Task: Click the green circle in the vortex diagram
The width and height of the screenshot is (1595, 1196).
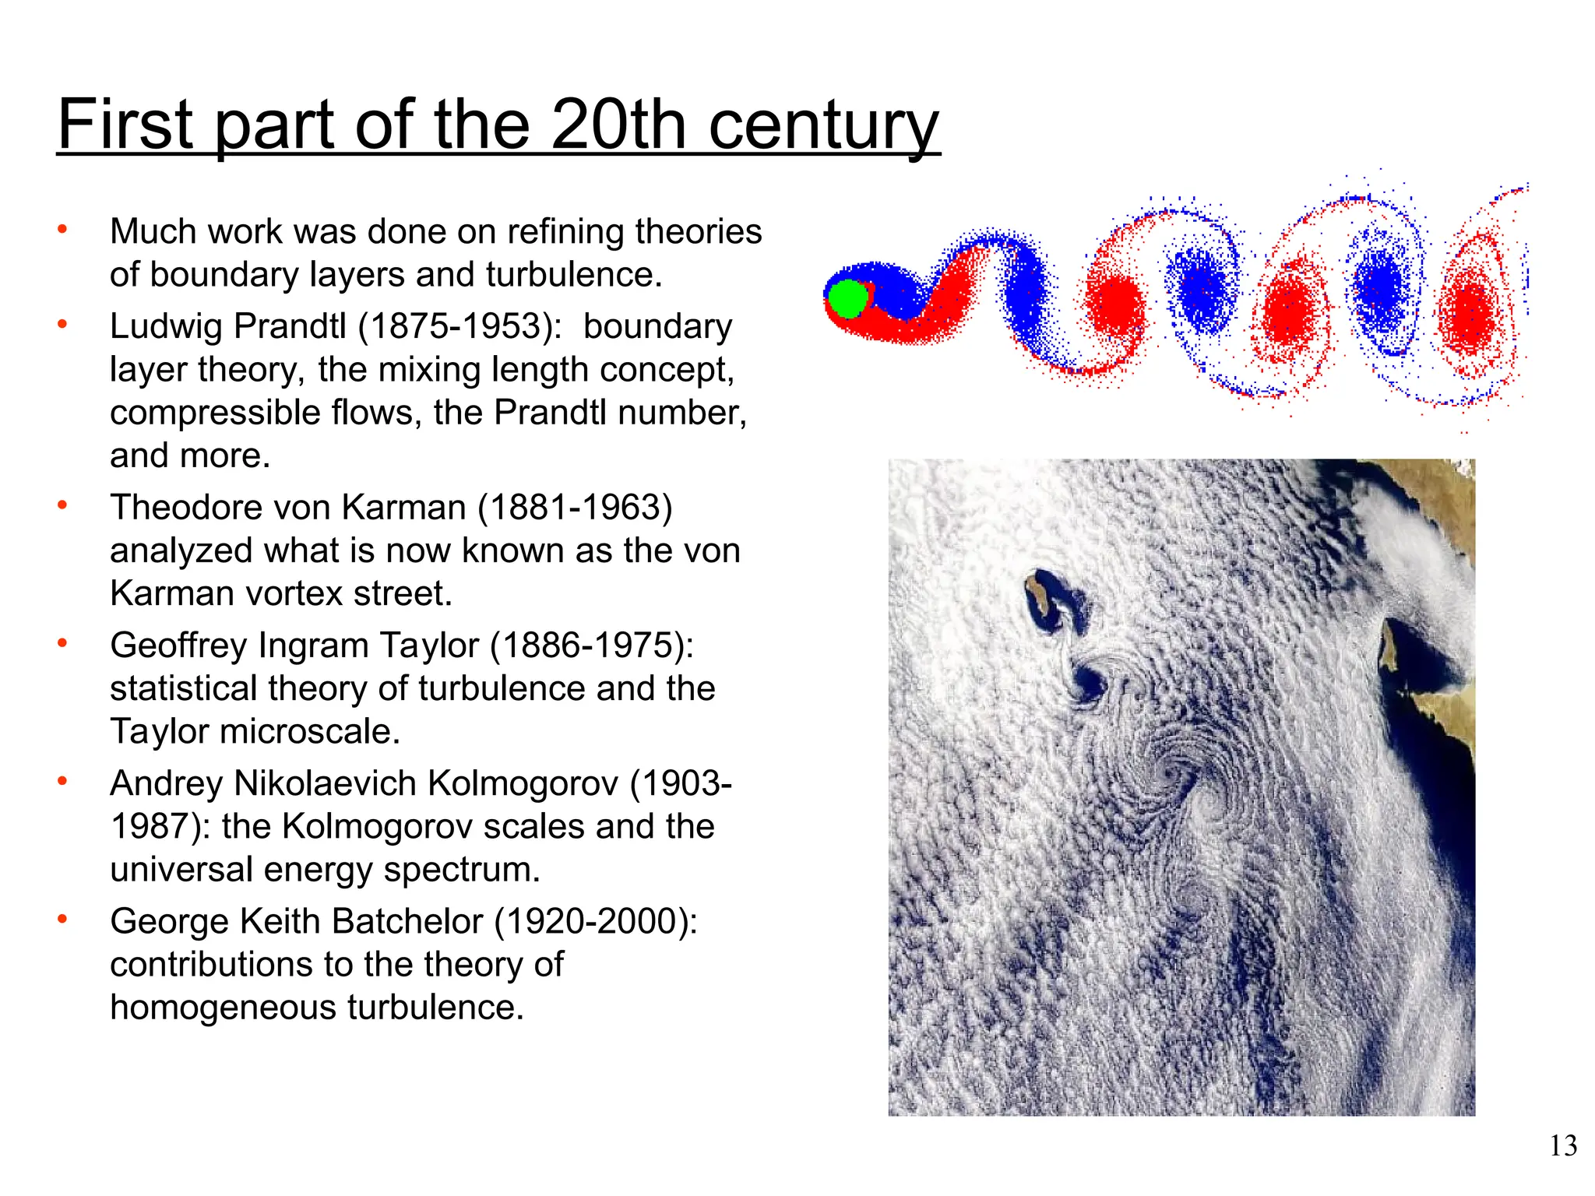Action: pyautogui.click(x=847, y=298)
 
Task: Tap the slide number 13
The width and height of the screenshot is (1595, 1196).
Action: pyautogui.click(x=1563, y=1146)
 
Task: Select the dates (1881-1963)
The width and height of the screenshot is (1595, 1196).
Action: pyautogui.click(x=575, y=508)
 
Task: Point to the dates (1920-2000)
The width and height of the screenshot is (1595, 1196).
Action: pyautogui.click(x=597, y=921)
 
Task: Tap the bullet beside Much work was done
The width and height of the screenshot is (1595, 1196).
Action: pyautogui.click(x=62, y=230)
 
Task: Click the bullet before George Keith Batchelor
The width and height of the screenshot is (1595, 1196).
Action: pyautogui.click(x=62, y=920)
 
